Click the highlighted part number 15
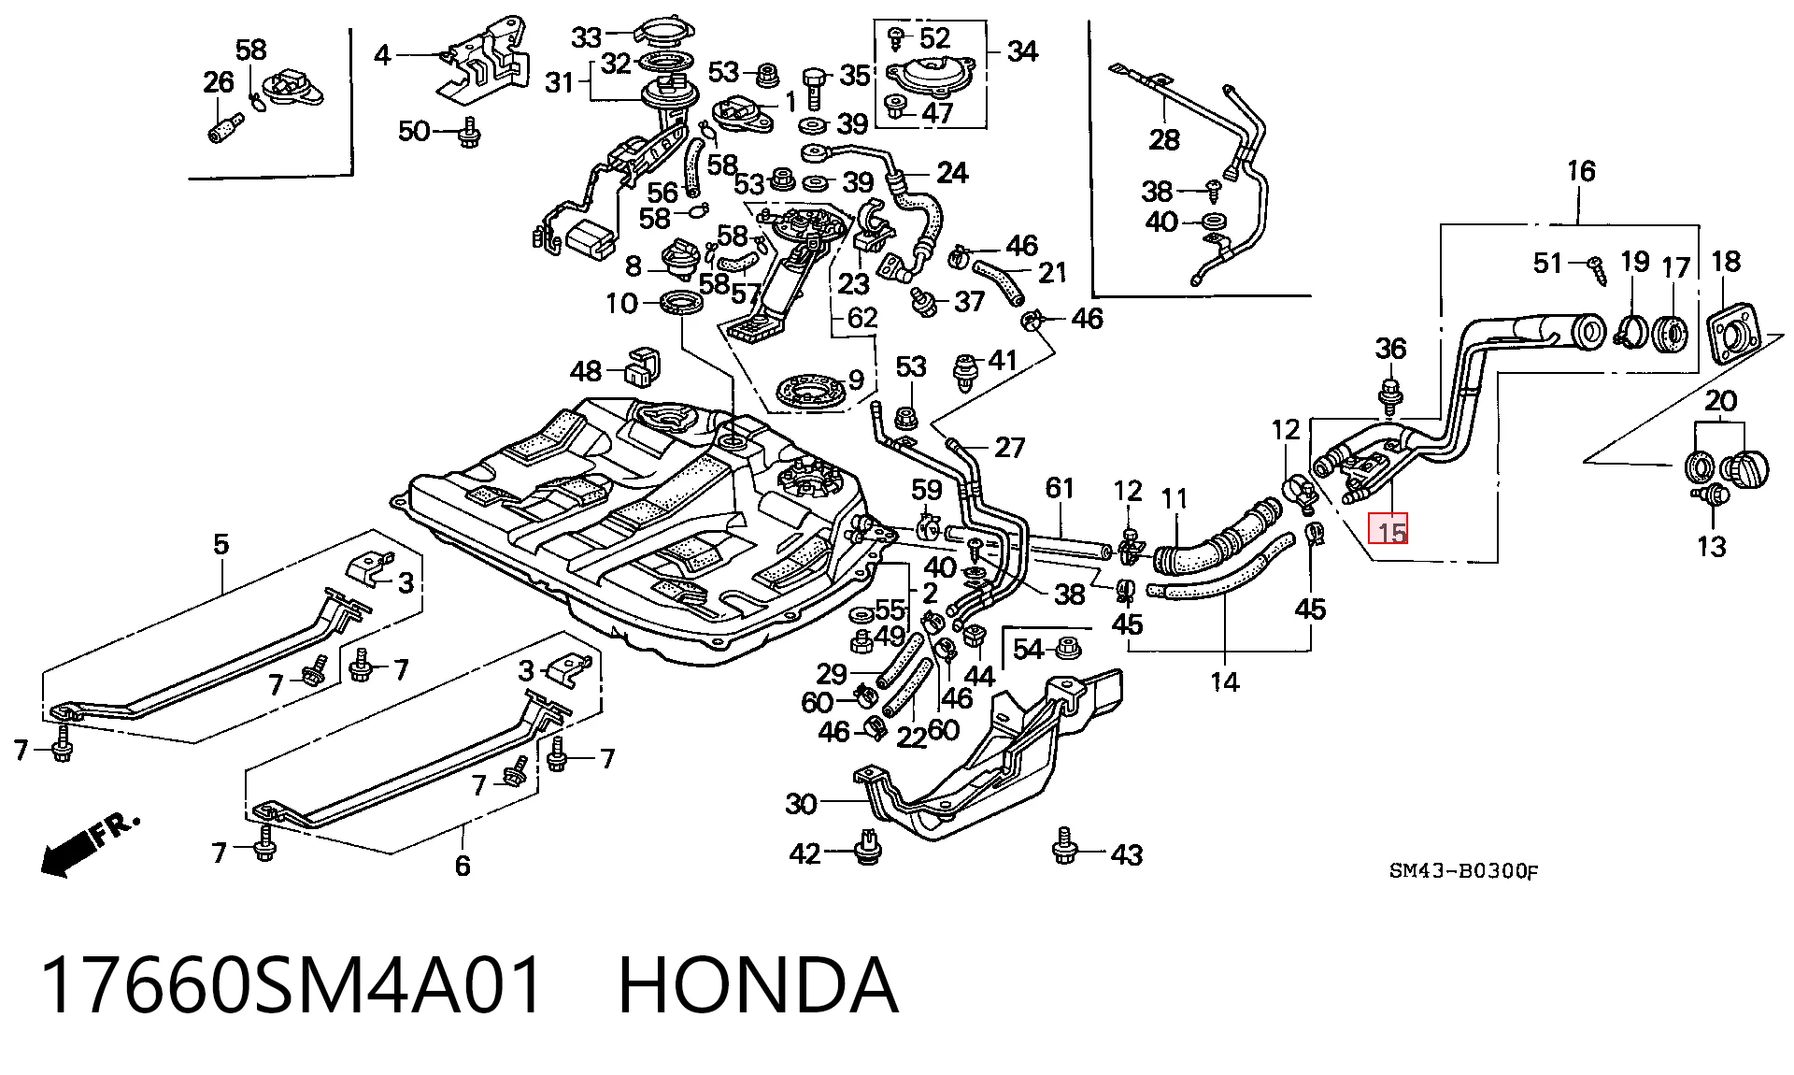click(x=1388, y=531)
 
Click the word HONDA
click(x=758, y=986)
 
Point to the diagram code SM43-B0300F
click(x=1463, y=871)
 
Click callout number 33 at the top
click(x=587, y=37)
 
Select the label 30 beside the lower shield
click(x=801, y=803)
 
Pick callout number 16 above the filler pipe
click(x=1581, y=171)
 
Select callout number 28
click(x=1164, y=139)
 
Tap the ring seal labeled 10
click(x=682, y=303)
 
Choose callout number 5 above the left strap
click(x=221, y=544)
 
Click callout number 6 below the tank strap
click(x=463, y=865)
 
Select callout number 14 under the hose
click(x=1224, y=681)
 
